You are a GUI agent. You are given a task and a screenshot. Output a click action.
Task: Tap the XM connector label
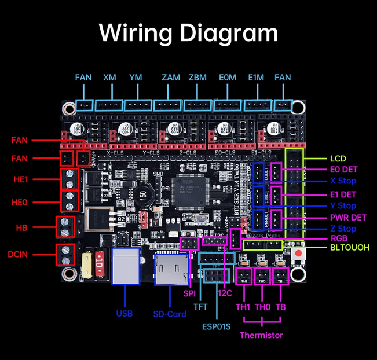pyautogui.click(x=109, y=78)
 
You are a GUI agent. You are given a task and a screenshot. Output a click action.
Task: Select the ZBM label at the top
pyautogui.click(x=197, y=78)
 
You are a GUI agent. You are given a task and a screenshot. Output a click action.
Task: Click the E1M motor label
pyautogui.click(x=255, y=78)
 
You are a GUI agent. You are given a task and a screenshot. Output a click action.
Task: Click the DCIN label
pyautogui.click(x=19, y=254)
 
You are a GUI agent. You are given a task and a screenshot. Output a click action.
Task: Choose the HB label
pyautogui.click(x=21, y=228)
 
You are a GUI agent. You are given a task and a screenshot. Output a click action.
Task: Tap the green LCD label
pyautogui.click(x=338, y=159)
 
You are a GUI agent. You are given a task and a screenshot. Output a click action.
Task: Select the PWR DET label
pyautogui.click(x=348, y=218)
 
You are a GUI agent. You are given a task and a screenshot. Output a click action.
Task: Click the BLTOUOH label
pyautogui.click(x=350, y=248)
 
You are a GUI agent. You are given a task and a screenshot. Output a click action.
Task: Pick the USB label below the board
pyautogui.click(x=124, y=313)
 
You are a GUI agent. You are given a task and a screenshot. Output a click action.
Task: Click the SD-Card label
pyautogui.click(x=170, y=314)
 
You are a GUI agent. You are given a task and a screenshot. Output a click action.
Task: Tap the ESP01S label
pyautogui.click(x=216, y=326)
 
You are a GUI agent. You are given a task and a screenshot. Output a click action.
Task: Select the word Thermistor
pyautogui.click(x=261, y=335)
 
